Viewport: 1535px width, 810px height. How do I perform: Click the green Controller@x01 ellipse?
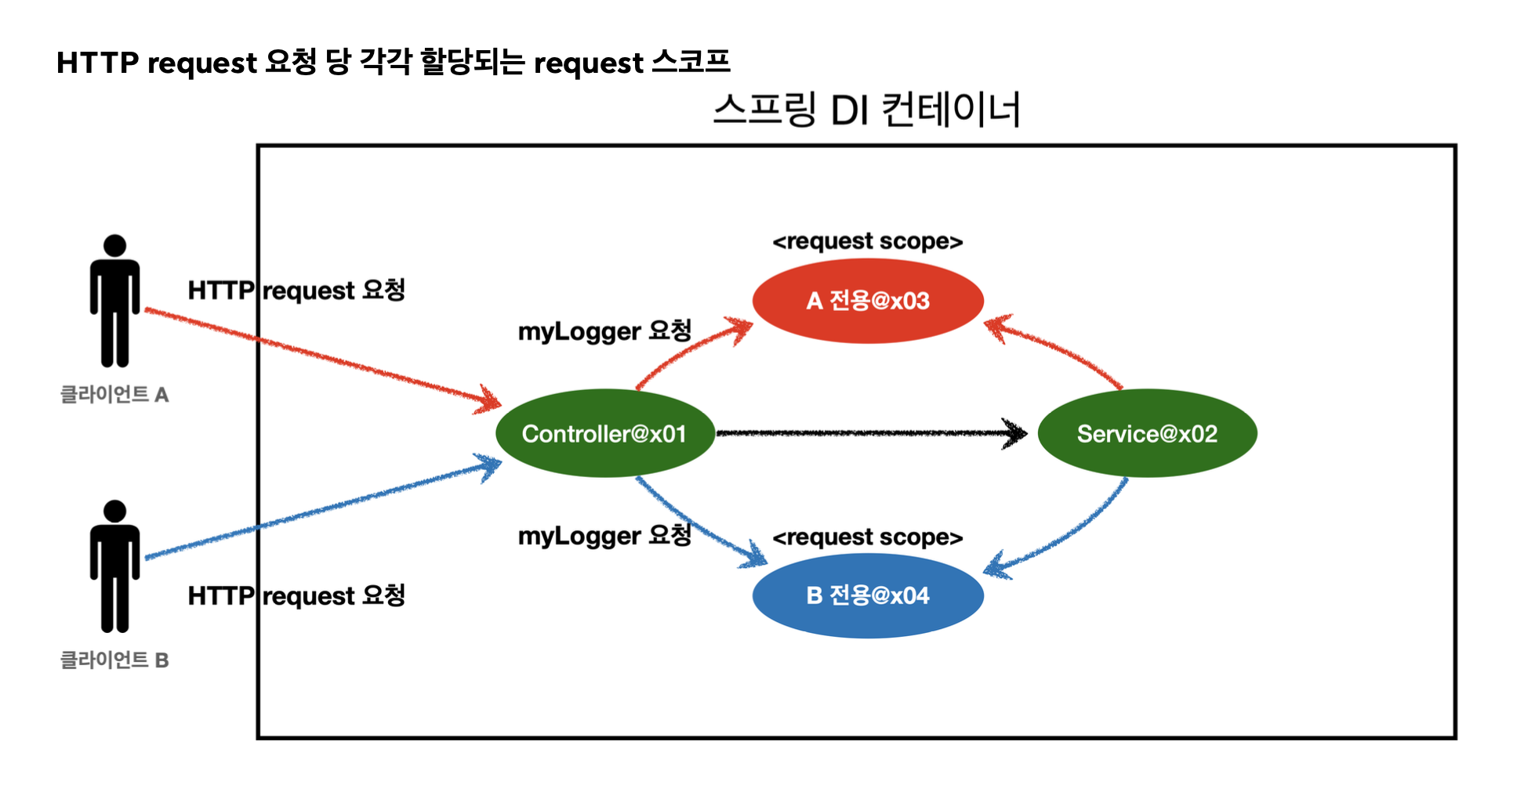[x=604, y=433]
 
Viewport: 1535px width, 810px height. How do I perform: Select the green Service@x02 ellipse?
[x=1147, y=433]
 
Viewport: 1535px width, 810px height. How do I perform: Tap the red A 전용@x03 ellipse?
[x=868, y=301]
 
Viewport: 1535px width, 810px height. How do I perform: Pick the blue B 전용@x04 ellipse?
[x=868, y=595]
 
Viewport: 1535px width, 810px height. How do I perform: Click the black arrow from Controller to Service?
[x=870, y=432]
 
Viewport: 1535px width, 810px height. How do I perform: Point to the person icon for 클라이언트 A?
[x=114, y=301]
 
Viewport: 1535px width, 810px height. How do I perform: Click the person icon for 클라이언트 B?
[x=114, y=566]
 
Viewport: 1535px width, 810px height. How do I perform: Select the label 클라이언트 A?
[x=114, y=394]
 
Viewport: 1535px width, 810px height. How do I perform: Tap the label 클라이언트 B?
[x=114, y=660]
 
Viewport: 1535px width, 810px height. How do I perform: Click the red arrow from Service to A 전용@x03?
[x=1058, y=348]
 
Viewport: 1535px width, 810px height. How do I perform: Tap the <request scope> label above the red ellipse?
[x=867, y=241]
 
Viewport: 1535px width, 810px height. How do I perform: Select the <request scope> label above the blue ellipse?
[x=867, y=537]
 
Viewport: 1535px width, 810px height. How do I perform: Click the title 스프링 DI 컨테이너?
[x=867, y=110]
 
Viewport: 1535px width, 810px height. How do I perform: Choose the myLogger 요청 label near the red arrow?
[x=604, y=331]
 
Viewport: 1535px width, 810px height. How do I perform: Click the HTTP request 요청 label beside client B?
[x=296, y=596]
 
